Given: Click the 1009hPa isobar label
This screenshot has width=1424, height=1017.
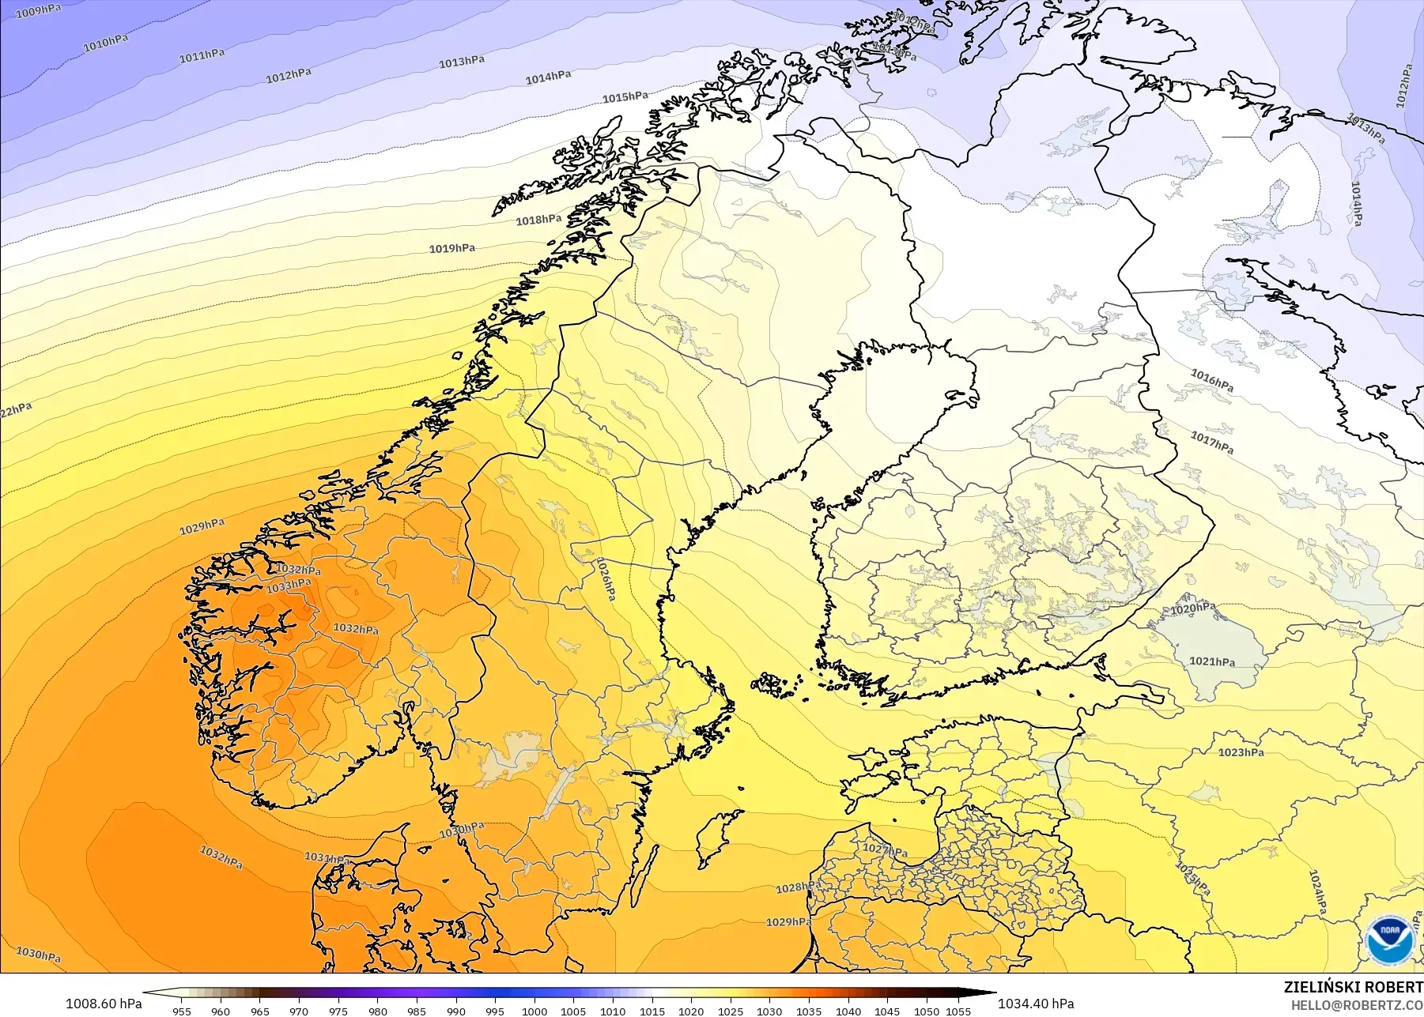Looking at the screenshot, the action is click(x=38, y=11).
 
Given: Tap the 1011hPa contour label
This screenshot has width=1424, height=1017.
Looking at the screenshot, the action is click(x=202, y=55).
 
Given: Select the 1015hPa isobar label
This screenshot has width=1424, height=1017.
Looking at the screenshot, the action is click(x=625, y=97).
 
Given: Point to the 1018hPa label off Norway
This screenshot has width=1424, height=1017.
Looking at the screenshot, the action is click(x=538, y=220).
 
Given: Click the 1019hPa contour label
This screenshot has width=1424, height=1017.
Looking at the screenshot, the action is click(x=452, y=248).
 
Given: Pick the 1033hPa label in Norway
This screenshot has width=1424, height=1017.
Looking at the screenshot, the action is click(x=289, y=586).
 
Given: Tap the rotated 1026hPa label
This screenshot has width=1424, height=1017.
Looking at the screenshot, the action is click(x=605, y=578).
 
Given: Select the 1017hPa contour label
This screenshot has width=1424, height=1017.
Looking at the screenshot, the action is click(x=1212, y=442).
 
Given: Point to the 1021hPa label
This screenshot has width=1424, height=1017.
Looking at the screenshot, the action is click(x=1212, y=661).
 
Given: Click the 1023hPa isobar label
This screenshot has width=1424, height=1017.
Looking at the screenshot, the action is click(x=1241, y=752).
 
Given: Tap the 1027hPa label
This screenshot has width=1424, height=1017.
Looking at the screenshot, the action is click(x=885, y=850).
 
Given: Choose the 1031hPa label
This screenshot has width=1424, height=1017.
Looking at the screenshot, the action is click(x=327, y=858).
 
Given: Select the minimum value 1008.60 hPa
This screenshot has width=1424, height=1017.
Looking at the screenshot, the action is click(x=104, y=1004).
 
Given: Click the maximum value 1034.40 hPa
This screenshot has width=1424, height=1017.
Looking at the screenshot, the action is click(x=1036, y=1004).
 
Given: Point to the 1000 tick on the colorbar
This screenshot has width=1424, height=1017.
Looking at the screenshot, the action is click(x=534, y=1011).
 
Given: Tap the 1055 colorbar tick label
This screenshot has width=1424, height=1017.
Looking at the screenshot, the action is click(x=958, y=1011).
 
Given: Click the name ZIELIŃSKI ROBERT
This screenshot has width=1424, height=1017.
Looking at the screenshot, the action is click(x=1353, y=987).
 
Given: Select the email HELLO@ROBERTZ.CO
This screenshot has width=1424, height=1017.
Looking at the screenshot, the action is click(x=1357, y=1005).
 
